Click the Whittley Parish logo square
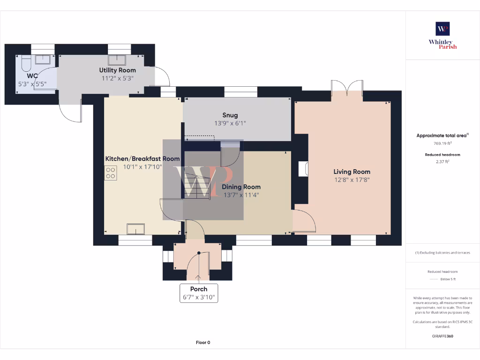[x=442, y=29]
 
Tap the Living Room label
[x=352, y=172]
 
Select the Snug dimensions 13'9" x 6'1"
[x=230, y=123]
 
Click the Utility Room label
[x=117, y=70]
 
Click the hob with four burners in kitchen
[x=111, y=173]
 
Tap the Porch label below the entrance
[x=199, y=289]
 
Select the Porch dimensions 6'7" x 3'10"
[x=199, y=297]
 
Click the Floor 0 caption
[x=202, y=343]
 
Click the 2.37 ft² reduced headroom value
[x=442, y=161]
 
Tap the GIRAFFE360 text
[x=442, y=336]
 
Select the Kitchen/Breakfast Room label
[x=142, y=159]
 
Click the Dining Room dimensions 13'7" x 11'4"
[x=241, y=195]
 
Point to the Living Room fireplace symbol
[x=302, y=169]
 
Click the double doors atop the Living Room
[x=347, y=88]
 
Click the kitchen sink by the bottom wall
[x=136, y=228]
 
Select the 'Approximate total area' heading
[x=442, y=136]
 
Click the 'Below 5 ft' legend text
[x=448, y=279]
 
